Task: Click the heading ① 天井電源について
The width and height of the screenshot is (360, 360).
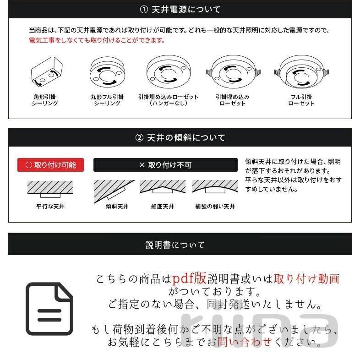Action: [180, 9]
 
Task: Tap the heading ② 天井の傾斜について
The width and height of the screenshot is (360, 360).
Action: [180, 137]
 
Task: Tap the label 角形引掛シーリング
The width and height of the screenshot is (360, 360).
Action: [45, 100]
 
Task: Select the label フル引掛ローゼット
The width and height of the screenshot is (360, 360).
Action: [301, 100]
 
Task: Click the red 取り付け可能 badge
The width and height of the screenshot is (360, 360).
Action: [51, 165]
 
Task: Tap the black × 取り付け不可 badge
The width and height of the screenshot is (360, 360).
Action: [165, 165]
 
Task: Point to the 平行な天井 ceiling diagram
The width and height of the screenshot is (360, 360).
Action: [50, 189]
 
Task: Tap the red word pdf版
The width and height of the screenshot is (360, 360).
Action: [190, 278]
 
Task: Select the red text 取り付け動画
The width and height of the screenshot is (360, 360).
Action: [307, 278]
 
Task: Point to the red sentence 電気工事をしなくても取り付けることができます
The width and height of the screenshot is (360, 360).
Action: [97, 40]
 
